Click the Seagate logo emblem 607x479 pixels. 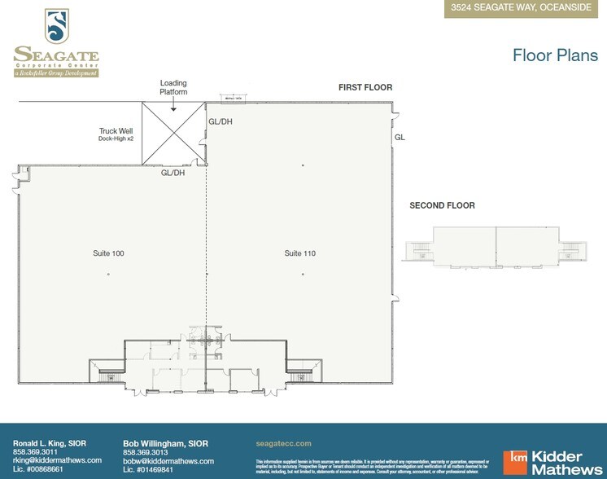[56, 26]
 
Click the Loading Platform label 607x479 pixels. [173, 87]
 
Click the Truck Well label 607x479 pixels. [115, 131]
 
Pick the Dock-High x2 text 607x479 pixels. [115, 139]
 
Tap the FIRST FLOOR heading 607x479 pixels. [365, 87]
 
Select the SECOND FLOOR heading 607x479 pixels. [442, 205]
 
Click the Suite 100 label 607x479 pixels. [108, 253]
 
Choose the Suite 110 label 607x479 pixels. [300, 253]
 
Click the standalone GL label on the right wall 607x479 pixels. [400, 138]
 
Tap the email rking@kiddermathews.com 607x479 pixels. [57, 460]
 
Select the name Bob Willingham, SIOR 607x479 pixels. [165, 443]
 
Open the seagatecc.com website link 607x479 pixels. [283, 443]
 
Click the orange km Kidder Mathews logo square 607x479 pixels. [515, 462]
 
